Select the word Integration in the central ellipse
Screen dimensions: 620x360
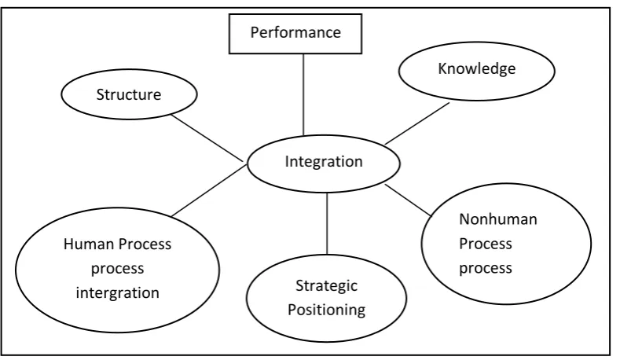click(324, 161)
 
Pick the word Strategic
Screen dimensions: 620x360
click(326, 286)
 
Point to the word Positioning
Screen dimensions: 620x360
click(326, 310)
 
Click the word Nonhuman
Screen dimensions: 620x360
click(498, 219)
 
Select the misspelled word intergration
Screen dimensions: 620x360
click(117, 293)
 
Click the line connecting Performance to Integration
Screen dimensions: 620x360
click(303, 95)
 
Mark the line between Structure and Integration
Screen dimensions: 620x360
click(207, 138)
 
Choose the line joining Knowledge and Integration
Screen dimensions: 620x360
click(417, 123)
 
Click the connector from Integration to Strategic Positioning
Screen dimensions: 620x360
click(327, 223)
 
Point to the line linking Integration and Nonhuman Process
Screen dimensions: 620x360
click(409, 200)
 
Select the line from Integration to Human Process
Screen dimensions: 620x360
click(209, 191)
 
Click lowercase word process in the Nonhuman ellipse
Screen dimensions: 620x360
click(485, 269)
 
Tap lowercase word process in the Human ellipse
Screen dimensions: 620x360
click(117, 269)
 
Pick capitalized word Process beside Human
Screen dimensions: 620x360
click(145, 244)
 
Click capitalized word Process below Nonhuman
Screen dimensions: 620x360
click(485, 244)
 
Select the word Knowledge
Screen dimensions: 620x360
click(476, 69)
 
